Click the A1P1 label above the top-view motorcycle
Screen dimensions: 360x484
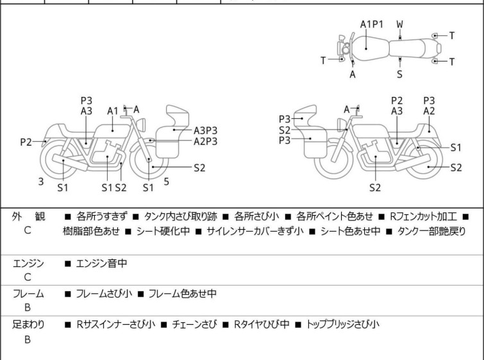(x=371, y=24)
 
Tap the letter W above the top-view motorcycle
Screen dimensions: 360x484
(x=399, y=24)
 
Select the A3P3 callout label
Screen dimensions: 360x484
(x=206, y=130)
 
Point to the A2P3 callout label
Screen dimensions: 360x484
(x=206, y=141)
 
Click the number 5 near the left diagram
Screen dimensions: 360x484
(x=166, y=182)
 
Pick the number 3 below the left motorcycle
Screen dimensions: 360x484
(x=40, y=182)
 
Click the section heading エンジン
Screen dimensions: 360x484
(x=28, y=263)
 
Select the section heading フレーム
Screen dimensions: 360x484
(x=28, y=294)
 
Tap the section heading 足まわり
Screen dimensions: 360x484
(x=28, y=325)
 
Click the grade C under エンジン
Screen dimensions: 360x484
(x=28, y=278)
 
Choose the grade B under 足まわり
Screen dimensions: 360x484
(x=28, y=339)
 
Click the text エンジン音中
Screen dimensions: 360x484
(x=103, y=263)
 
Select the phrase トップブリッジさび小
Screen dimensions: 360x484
(x=343, y=325)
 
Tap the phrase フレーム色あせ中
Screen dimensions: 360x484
(x=182, y=294)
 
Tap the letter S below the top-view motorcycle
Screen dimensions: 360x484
(x=399, y=74)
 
